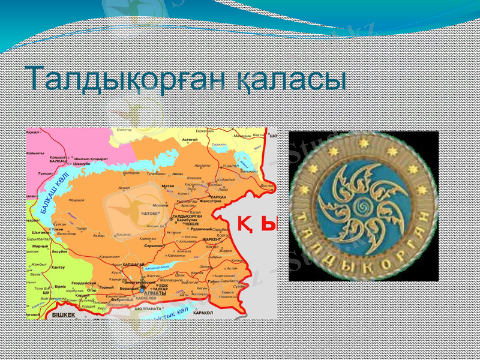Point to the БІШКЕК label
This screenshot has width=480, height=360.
[x=64, y=314]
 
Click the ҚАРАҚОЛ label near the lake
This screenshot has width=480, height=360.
[x=203, y=313]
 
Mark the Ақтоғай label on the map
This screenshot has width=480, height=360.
[x=190, y=139]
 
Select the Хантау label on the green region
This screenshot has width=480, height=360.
[x=59, y=267]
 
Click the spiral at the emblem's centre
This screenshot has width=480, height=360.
[x=363, y=206]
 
